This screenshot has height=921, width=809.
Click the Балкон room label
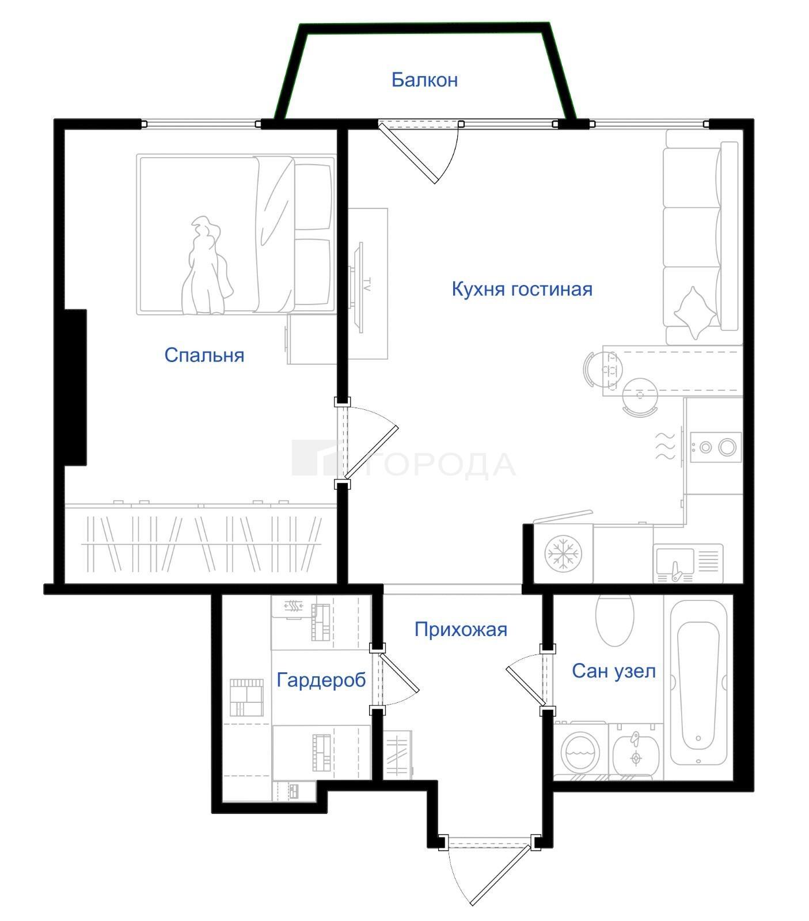coord(424,79)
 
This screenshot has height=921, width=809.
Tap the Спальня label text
coord(204,355)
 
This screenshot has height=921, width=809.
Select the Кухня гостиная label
coord(522,288)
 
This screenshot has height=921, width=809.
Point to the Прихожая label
coord(461,629)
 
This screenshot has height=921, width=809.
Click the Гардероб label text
coord(321,680)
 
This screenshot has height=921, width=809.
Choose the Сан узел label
coord(614,671)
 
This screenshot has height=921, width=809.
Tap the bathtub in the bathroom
coord(698,687)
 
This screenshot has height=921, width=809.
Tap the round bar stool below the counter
coord(639,397)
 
